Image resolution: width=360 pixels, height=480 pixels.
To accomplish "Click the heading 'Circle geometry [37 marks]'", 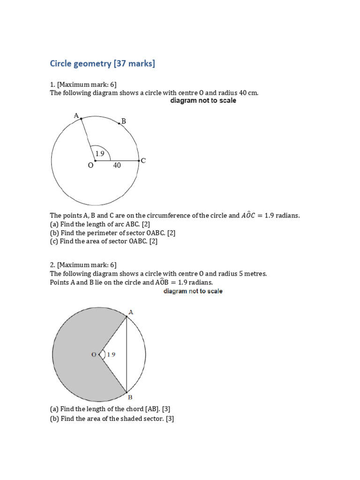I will coord(102,63).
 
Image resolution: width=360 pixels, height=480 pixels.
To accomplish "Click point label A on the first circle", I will coord(76,115).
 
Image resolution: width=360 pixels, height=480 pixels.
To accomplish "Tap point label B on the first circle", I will coord(124,121).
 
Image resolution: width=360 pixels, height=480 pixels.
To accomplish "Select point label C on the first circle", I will coord(143,160).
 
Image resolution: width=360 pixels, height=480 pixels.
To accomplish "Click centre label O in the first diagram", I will coord(90,165).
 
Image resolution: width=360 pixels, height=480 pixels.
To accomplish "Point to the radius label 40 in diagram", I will coord(117,165).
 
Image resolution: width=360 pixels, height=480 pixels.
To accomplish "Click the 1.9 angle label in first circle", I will coord(100,153).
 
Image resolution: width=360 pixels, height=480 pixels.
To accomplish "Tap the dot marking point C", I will coord(139,161).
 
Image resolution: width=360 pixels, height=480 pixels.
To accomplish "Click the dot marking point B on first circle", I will coord(119,124).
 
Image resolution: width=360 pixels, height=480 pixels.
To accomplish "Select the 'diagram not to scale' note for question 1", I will coord(203,101).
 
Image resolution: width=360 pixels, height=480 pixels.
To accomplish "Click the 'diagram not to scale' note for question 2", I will coord(193,291).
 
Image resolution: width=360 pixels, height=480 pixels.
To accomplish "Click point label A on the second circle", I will coord(130,312).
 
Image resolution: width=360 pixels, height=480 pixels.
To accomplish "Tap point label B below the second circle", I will coord(130,397).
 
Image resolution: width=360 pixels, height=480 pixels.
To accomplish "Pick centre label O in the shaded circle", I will coord(94,354).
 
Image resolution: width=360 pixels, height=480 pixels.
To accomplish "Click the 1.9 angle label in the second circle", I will coord(111,355).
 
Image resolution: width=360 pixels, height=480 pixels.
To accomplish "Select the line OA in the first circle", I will coord(88,140).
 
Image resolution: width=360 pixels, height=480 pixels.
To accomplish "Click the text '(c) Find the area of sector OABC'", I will coord(104,241).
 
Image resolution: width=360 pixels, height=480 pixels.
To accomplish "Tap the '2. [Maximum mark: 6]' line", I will coord(83,265).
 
